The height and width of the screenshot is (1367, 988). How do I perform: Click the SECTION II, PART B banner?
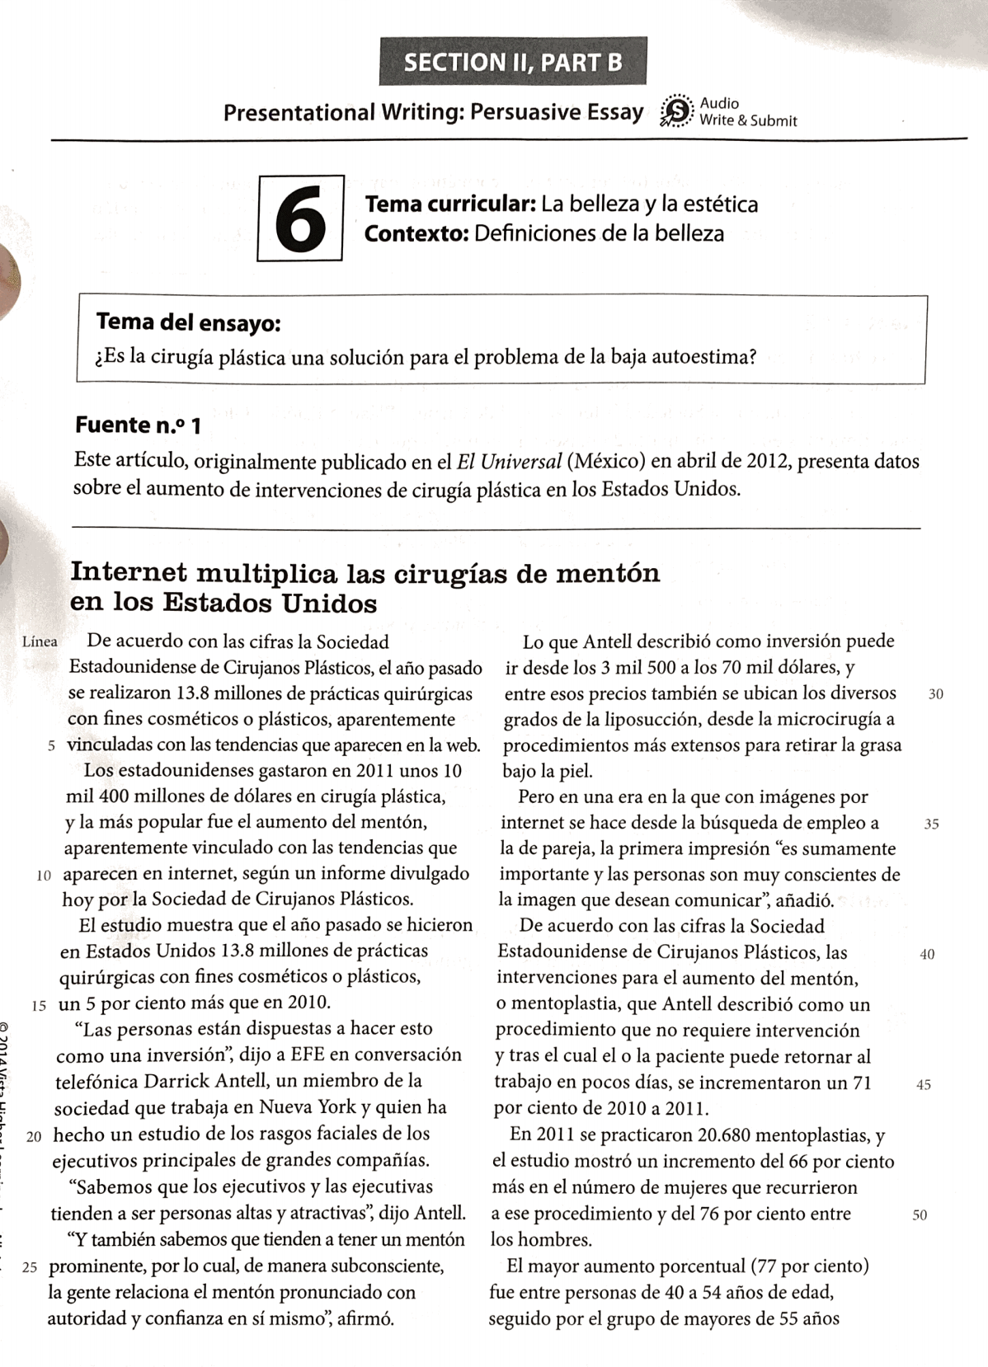(512, 62)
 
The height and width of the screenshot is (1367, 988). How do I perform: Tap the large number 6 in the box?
(300, 218)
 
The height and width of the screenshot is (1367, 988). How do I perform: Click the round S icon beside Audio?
(676, 111)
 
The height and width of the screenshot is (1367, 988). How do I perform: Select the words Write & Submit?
(748, 121)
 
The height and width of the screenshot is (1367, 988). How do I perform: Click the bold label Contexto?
(416, 233)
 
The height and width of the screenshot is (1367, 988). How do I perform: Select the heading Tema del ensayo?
(189, 322)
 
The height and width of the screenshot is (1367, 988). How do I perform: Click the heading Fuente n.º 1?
(138, 425)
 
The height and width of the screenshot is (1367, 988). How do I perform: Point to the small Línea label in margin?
(40, 641)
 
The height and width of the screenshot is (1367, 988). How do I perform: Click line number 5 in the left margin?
(51, 746)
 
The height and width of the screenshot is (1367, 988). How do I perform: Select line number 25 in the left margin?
(30, 1267)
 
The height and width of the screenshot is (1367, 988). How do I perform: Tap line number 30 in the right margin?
(935, 694)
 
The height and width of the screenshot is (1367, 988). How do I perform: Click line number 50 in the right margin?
(920, 1214)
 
